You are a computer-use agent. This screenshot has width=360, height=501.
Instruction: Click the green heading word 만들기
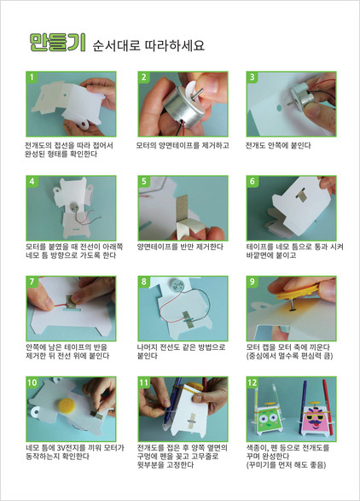pos(57,43)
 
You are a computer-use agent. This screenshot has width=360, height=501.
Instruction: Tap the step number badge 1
pos(32,78)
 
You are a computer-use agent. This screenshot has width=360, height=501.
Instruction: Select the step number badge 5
pos(144,182)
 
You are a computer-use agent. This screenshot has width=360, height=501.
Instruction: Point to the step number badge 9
pos(253,282)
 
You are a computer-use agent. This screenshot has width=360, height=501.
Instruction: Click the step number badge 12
pos(253,382)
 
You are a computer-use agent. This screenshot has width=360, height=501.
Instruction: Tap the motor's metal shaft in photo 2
pos(197,93)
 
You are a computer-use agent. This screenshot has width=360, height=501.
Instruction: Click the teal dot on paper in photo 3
pos(279,108)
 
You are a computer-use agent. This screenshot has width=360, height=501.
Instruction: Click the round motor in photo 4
pos(73,207)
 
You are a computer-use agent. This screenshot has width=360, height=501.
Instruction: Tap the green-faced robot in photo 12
pos(268,417)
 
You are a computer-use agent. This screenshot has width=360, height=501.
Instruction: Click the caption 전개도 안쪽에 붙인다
pos(278,146)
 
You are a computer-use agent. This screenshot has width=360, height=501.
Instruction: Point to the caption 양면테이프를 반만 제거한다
pos(180,247)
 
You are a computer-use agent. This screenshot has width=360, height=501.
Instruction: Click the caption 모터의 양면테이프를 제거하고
pos(183,146)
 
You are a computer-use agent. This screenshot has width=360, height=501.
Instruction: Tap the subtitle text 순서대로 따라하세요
pos(148,45)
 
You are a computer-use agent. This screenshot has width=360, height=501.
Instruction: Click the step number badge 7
pos(32,282)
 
